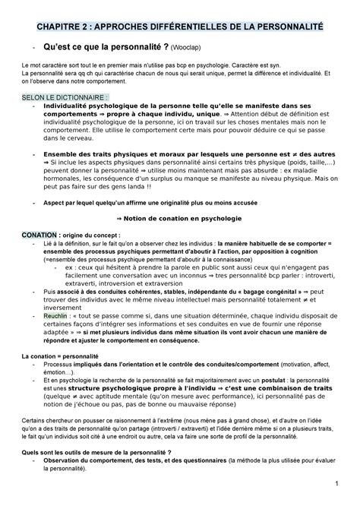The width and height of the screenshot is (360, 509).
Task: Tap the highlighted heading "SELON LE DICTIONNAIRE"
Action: tap(54, 99)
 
